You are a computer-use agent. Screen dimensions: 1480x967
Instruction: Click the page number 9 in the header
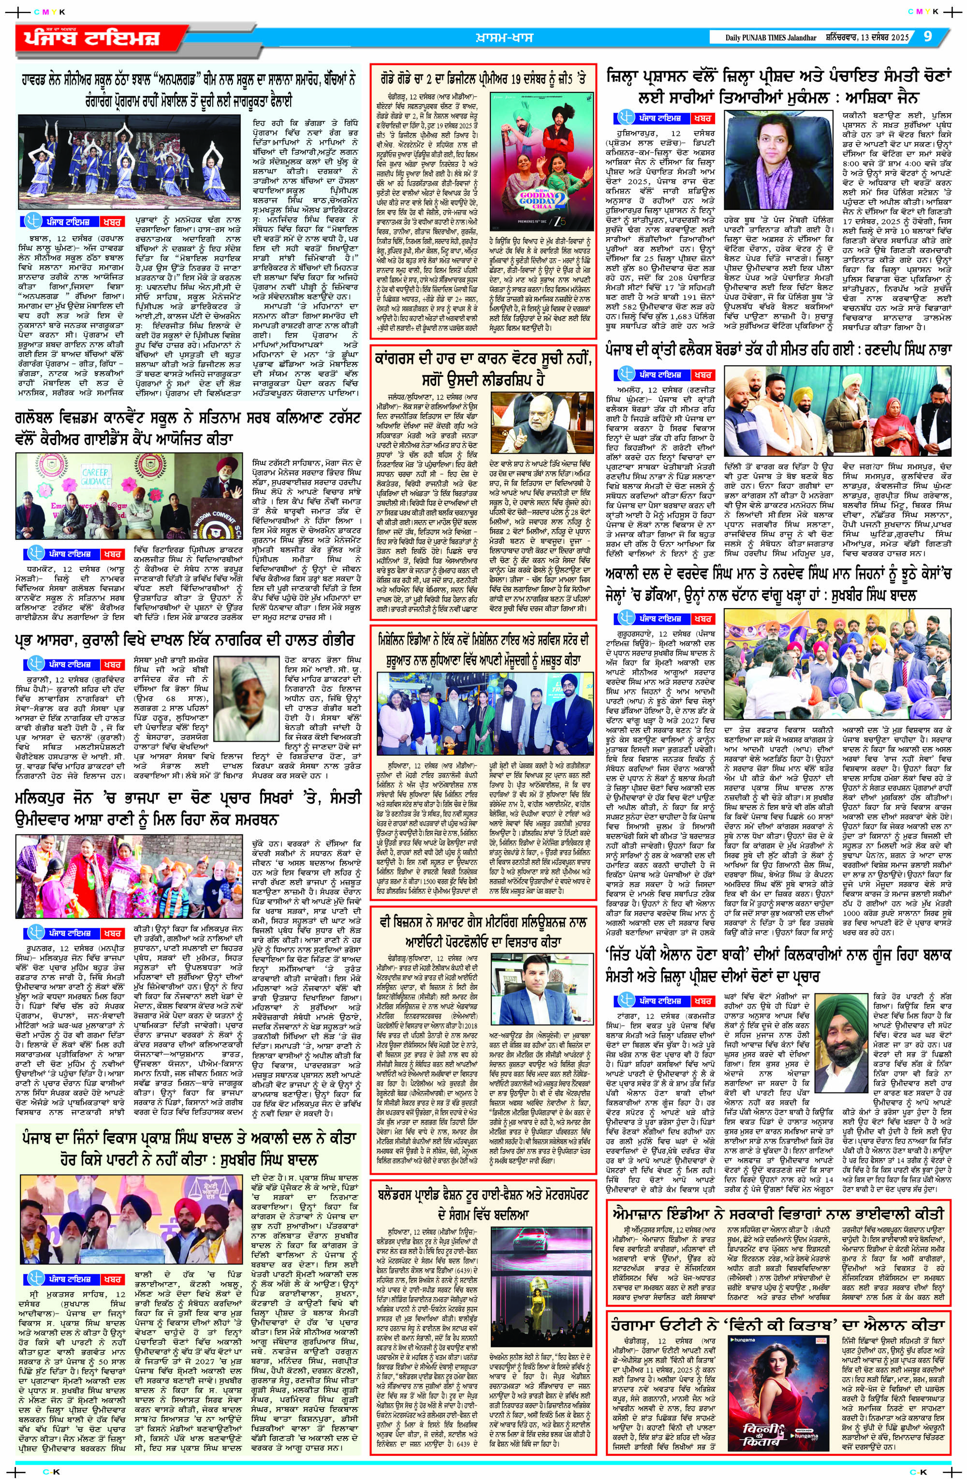(927, 37)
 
